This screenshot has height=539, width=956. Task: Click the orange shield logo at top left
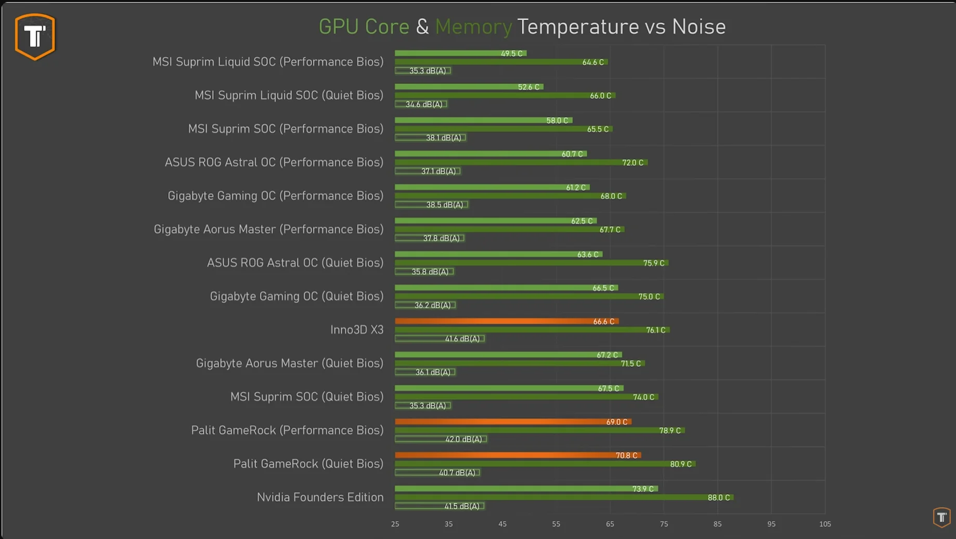point(35,36)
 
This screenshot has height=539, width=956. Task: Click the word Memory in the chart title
point(473,27)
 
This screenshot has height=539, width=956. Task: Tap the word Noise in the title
point(699,27)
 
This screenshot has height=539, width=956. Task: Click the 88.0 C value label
point(718,498)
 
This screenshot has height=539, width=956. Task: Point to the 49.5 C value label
point(511,54)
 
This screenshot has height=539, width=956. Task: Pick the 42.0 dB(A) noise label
point(463,439)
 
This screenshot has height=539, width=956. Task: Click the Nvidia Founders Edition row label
point(320,497)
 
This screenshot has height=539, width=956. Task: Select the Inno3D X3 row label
point(357,330)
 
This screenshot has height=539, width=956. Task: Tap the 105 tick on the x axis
point(825,524)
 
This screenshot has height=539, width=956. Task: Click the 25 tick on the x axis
point(395,524)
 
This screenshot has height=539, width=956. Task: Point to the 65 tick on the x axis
point(610,524)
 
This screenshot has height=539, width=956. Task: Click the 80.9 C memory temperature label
point(680,464)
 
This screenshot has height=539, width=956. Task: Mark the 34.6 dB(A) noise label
point(424,104)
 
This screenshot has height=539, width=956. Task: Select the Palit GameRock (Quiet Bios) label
point(308,464)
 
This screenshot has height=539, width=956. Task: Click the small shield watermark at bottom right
point(941,517)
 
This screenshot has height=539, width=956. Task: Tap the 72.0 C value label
point(632,163)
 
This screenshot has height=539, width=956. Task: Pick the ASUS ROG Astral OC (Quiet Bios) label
point(295,263)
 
